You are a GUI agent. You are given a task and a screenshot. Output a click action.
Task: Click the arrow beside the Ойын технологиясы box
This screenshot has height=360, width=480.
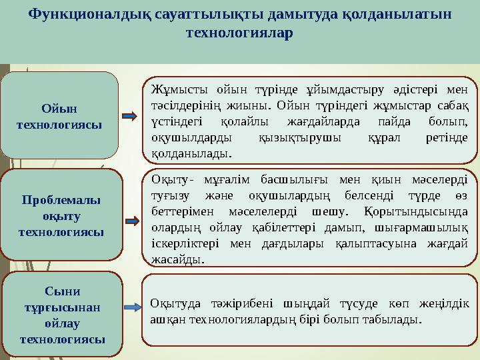point(131,116)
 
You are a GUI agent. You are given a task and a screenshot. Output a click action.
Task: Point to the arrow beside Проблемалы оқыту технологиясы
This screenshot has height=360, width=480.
point(131,221)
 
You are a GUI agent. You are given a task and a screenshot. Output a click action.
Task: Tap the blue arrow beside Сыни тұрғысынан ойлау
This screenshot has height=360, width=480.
point(131,307)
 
